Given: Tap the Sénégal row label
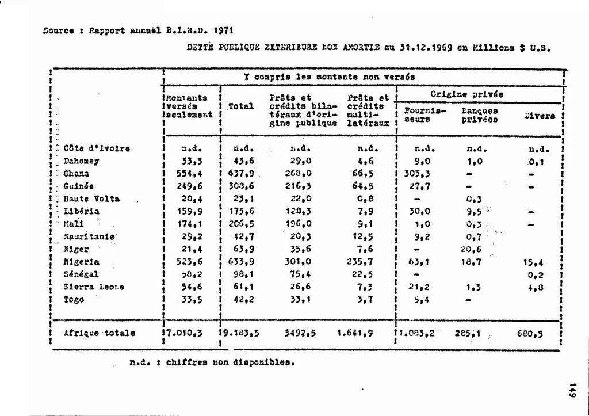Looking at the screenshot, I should [82, 274].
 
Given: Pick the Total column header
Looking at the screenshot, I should [241, 106].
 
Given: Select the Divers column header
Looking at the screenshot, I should [539, 116].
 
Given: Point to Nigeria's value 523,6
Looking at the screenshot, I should [188, 261].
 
